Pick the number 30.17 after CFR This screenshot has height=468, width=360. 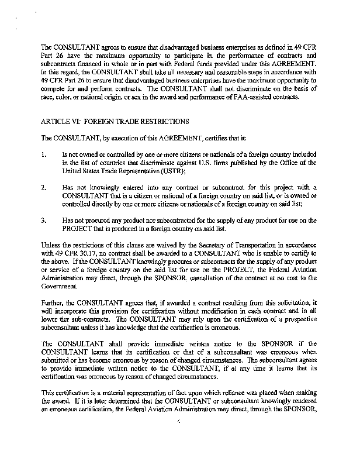point(85,253)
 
